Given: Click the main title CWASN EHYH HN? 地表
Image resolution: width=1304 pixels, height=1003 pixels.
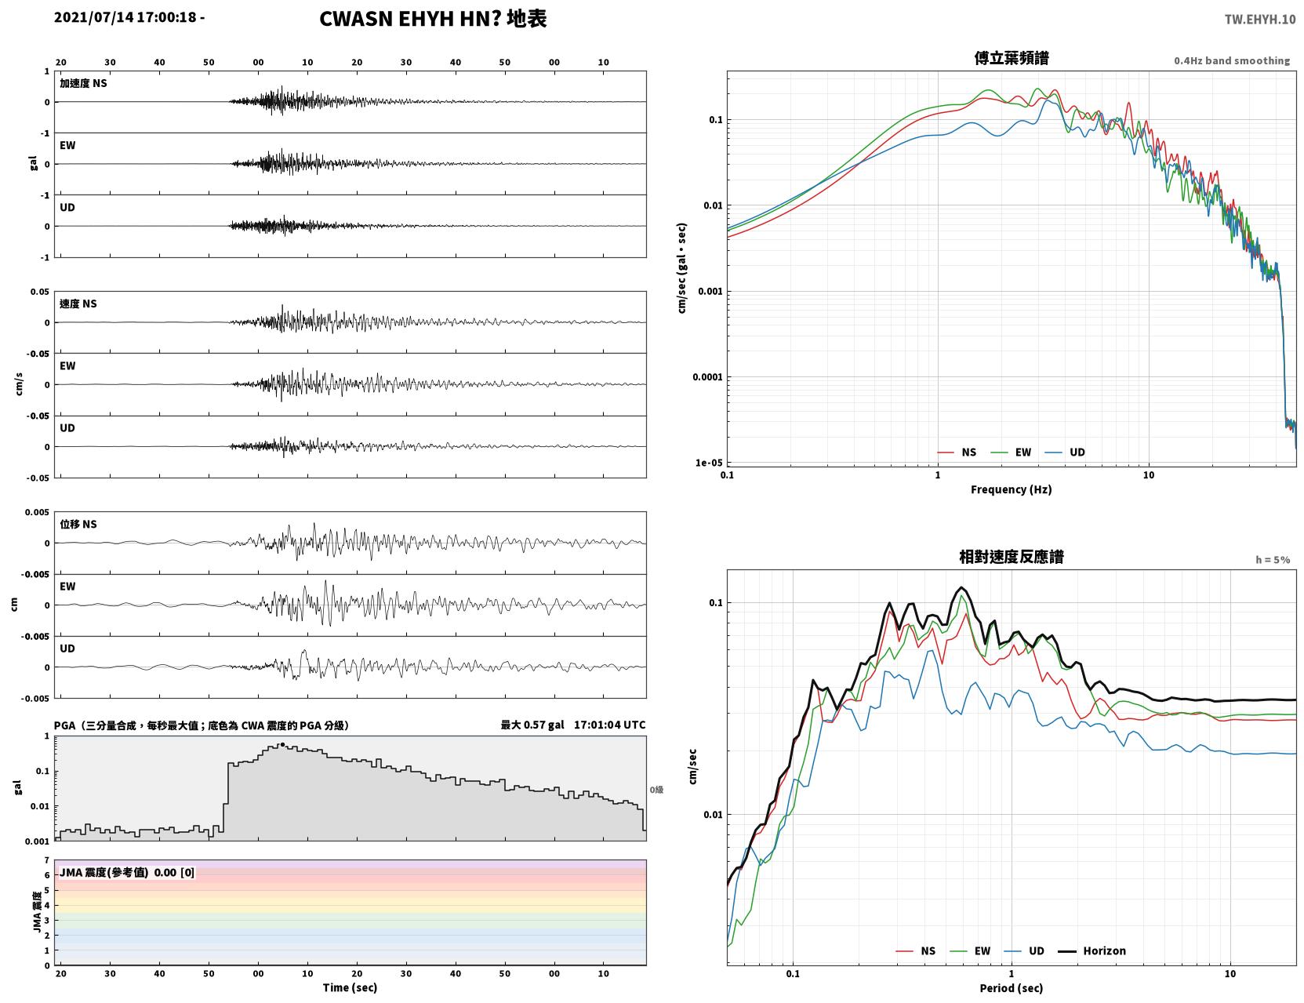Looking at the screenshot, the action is pos(433,19).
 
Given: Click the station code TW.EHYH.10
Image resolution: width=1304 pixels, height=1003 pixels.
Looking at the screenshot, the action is pos(1259,19).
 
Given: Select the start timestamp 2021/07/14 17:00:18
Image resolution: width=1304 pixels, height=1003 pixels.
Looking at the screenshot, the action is pos(125,16).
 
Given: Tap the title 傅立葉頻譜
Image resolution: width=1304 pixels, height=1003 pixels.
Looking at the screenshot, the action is pos(1012,58).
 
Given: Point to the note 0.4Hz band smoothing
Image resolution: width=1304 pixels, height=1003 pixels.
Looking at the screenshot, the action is pos(1231,60).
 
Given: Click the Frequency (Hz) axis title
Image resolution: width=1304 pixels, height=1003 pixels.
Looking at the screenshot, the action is pos(1012,489).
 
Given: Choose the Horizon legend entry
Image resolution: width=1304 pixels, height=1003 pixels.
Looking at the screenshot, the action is pos(1092,950).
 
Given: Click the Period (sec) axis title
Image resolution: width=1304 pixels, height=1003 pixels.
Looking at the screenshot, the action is pos(1012,988).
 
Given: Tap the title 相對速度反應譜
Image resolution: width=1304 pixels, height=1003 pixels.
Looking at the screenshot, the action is pos(1012,557).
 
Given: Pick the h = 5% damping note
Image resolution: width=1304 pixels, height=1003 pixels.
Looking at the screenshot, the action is pos(1272,560).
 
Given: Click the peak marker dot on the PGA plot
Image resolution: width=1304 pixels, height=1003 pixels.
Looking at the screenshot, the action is pos(282,744).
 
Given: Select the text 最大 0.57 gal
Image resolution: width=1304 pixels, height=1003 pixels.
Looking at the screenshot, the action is pos(532,725).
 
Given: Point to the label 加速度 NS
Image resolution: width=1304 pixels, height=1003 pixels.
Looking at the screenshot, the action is pos(83,83).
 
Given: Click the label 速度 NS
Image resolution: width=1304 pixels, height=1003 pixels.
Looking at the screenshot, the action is pos(78,303).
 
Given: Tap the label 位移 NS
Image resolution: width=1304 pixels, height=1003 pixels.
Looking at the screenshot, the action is pos(78,524).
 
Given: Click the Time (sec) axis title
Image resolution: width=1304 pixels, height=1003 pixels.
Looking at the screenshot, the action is pos(350,987).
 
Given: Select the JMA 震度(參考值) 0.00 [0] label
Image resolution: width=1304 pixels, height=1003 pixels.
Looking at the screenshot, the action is pos(126,872).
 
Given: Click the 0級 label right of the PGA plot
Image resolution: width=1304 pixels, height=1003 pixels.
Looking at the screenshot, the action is pos(656,790).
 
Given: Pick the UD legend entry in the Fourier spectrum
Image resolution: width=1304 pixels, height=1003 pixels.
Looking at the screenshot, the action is pos(1065,452).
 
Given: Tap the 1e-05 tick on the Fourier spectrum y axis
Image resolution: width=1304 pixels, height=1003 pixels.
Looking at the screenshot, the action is pos(709,463).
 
